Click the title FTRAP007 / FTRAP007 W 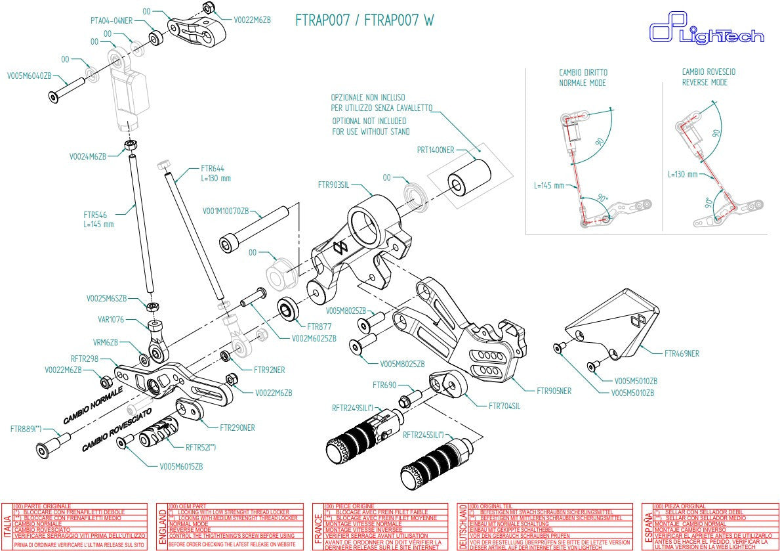(x=365, y=20)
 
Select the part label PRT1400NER (x=436, y=150)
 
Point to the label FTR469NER (x=682, y=353)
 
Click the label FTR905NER (x=554, y=391)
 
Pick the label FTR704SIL (x=505, y=406)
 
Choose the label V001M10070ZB (x=225, y=211)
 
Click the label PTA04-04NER (x=112, y=20)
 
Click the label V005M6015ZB (x=181, y=466)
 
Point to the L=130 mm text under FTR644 (x=216, y=178)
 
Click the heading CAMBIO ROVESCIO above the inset (x=708, y=72)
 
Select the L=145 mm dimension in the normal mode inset (x=549, y=186)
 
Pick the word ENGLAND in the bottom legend (x=162, y=527)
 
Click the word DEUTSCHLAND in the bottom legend (x=463, y=527)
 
